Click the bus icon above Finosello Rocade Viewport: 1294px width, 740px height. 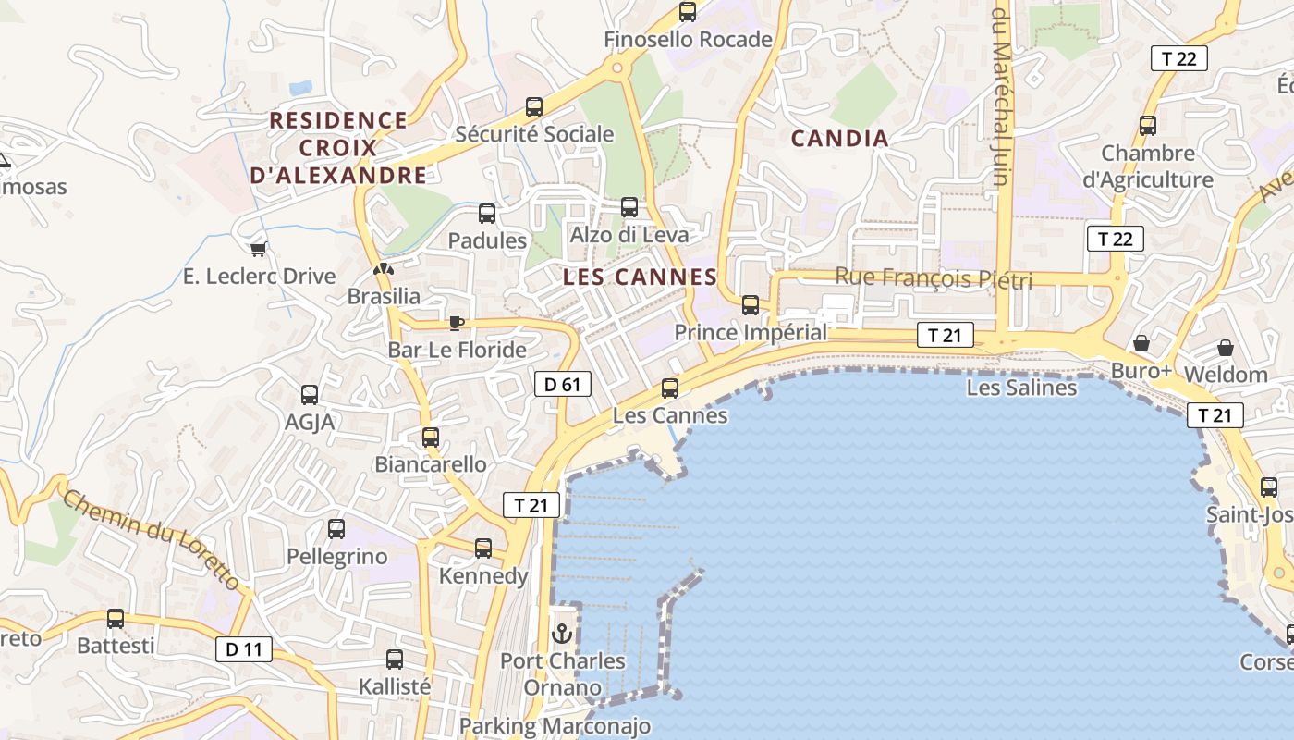(687, 12)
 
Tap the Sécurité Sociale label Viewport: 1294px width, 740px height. (534, 134)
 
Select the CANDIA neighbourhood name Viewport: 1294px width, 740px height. (840, 139)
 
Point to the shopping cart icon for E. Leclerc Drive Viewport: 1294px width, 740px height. (259, 248)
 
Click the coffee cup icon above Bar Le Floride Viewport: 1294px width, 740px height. (455, 322)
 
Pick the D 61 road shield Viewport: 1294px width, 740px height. (562, 383)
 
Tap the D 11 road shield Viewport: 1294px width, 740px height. (244, 649)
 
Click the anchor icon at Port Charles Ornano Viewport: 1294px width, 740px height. (562, 634)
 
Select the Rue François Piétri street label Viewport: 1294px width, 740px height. (934, 277)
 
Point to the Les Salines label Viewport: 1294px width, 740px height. (1021, 388)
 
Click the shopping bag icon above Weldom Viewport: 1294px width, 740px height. (1225, 348)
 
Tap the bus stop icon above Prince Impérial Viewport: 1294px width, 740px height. (750, 304)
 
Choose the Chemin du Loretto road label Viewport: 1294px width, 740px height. (153, 541)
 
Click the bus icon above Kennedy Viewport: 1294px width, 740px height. (482, 548)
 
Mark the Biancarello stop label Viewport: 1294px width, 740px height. (431, 464)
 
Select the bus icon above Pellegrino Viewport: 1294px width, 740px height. (336, 529)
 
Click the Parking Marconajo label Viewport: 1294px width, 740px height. (555, 726)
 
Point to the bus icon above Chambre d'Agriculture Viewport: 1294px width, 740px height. (1147, 125)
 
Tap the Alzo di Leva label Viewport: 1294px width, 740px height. (629, 235)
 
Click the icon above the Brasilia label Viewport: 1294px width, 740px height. (383, 269)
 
